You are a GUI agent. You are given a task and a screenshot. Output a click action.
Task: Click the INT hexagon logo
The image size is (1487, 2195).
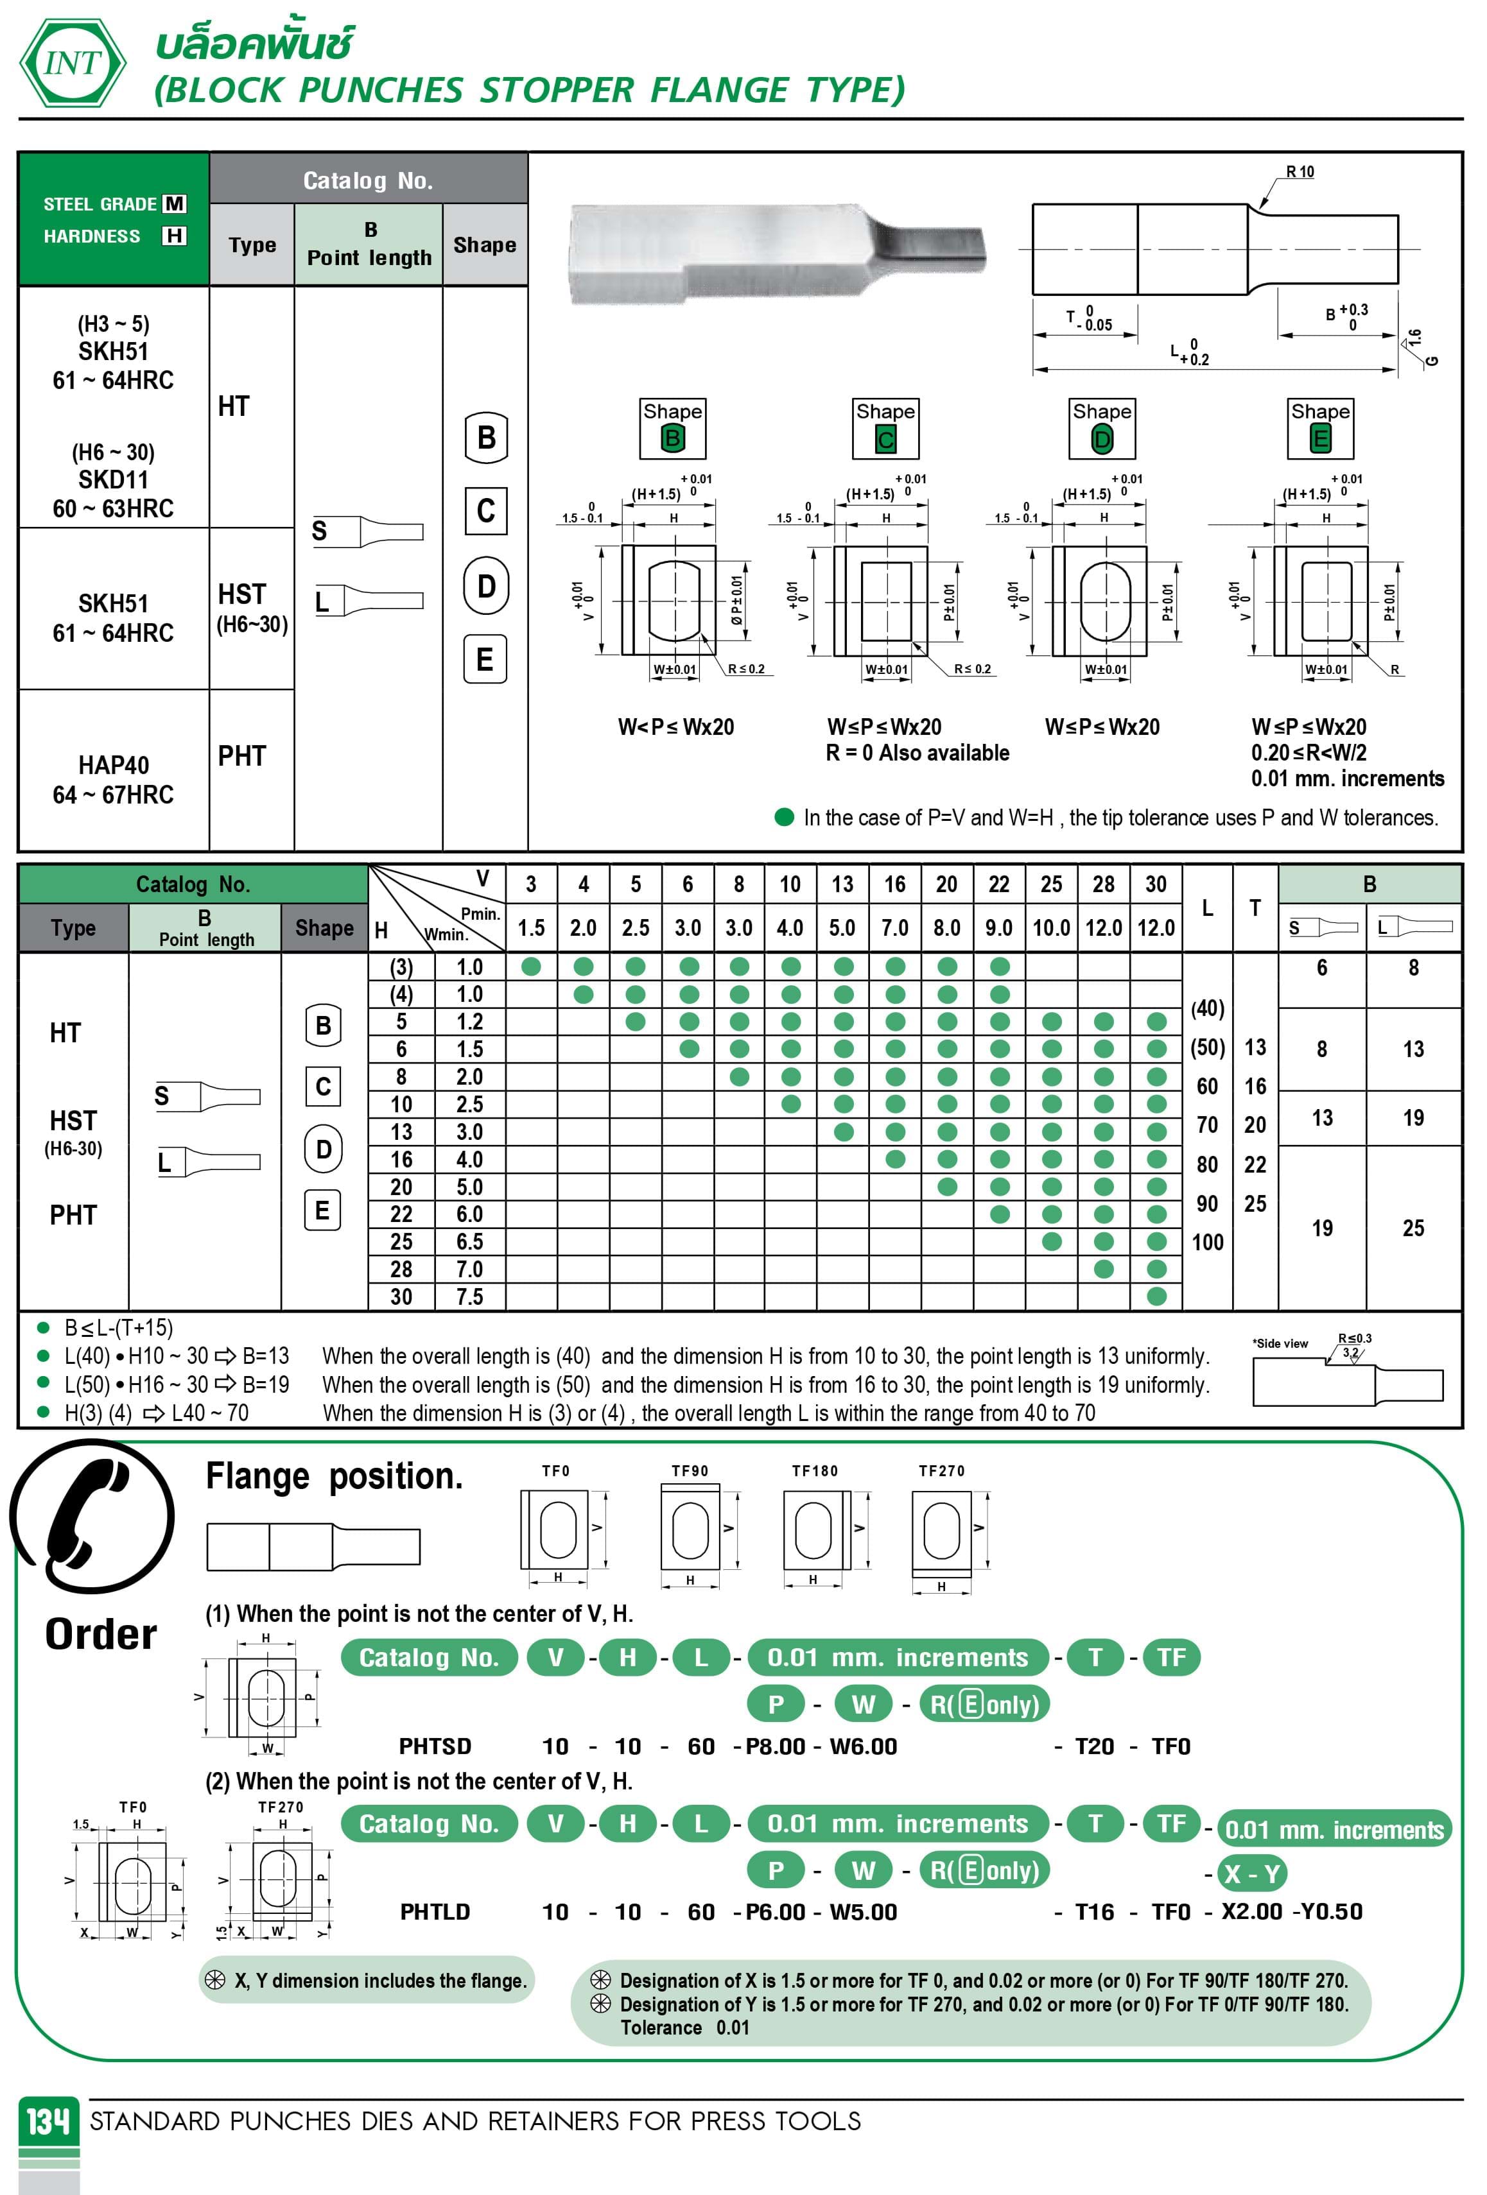72,64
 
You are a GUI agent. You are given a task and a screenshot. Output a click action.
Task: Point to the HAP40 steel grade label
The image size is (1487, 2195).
114,765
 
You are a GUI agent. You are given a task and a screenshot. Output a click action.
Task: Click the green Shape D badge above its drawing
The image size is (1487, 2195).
1102,438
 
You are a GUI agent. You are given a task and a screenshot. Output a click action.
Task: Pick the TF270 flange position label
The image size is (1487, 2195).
941,1470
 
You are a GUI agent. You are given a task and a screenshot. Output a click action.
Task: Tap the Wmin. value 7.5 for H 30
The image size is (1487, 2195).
469,1297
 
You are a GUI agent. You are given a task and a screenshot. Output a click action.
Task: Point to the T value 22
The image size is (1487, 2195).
1255,1164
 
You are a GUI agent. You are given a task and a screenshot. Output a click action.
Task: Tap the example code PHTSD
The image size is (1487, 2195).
435,1746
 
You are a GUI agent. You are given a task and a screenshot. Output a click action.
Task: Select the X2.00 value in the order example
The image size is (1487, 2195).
1252,1912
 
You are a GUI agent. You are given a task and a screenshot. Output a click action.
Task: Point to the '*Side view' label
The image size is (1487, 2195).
1280,1343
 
